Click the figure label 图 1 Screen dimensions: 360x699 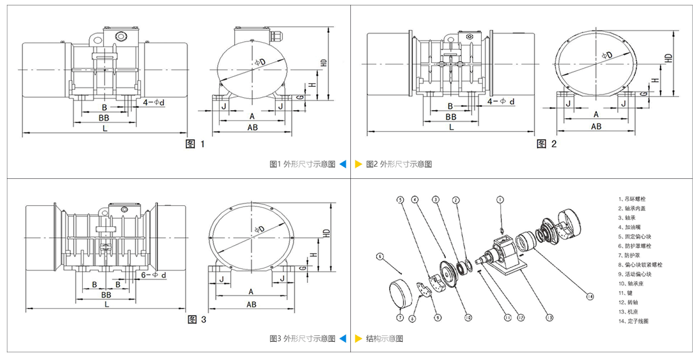[195, 145]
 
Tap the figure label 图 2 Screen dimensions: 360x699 [546, 144]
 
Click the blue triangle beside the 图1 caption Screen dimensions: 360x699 [342, 164]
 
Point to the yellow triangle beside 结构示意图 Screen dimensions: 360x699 [358, 339]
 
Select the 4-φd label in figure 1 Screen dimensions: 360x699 [154, 103]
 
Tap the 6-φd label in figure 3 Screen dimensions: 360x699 [155, 275]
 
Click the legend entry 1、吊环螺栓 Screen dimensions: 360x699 [635, 199]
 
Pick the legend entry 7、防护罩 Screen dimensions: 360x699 [630, 255]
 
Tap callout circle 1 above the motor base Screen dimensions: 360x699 [500, 201]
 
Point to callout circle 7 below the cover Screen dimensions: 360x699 [401, 317]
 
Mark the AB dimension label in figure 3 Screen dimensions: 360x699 [251, 305]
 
